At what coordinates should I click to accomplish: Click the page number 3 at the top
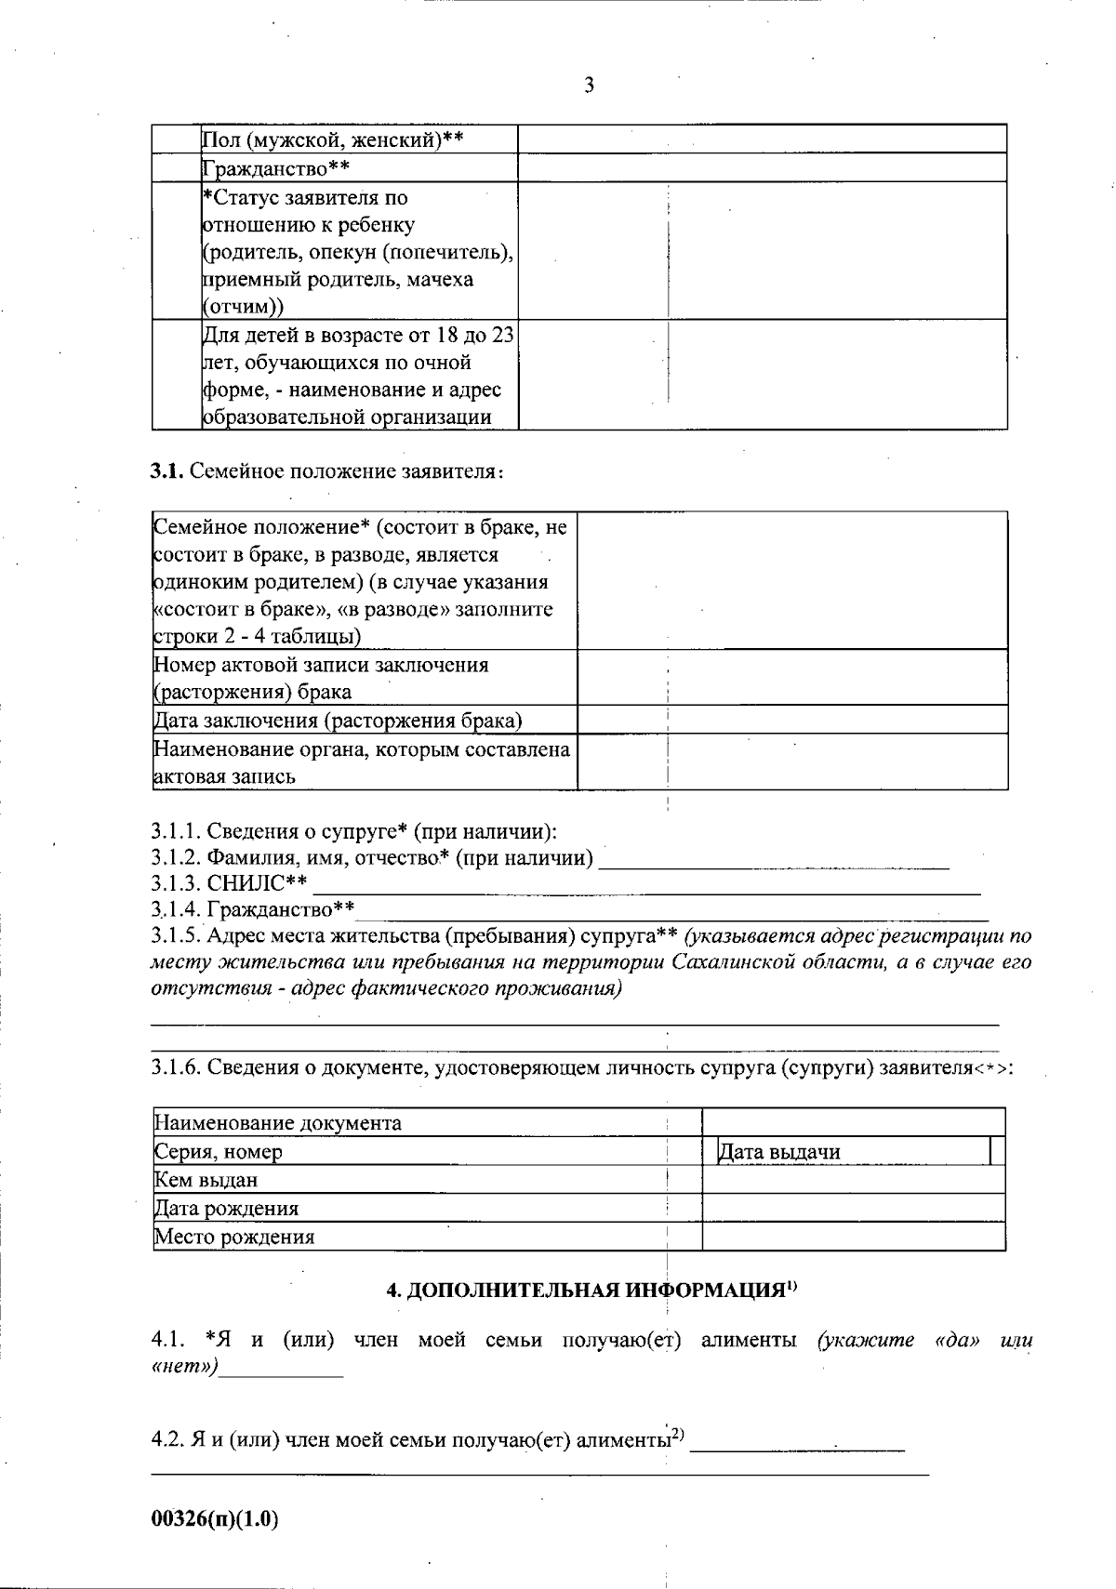pos(589,86)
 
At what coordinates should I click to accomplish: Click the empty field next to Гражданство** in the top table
pos(762,167)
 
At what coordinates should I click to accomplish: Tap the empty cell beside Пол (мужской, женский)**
pos(762,139)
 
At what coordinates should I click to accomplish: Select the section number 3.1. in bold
pos(167,471)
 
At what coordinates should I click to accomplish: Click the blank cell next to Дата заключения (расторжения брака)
pos(791,720)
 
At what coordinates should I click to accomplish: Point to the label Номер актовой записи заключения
pos(321,665)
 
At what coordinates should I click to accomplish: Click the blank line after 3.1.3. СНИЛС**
pos(645,886)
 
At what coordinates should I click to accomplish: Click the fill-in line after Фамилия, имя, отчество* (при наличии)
pos(774,860)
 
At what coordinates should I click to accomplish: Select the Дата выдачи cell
pos(779,1152)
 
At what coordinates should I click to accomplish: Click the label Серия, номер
pos(219,1152)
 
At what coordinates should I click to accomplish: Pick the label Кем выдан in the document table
pos(206,1180)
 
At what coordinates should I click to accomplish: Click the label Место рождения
pos(234,1237)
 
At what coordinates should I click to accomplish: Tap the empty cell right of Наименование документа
pos(853,1122)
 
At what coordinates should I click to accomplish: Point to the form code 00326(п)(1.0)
pos(215,1519)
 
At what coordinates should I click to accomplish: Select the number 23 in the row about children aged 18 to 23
pos(503,335)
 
